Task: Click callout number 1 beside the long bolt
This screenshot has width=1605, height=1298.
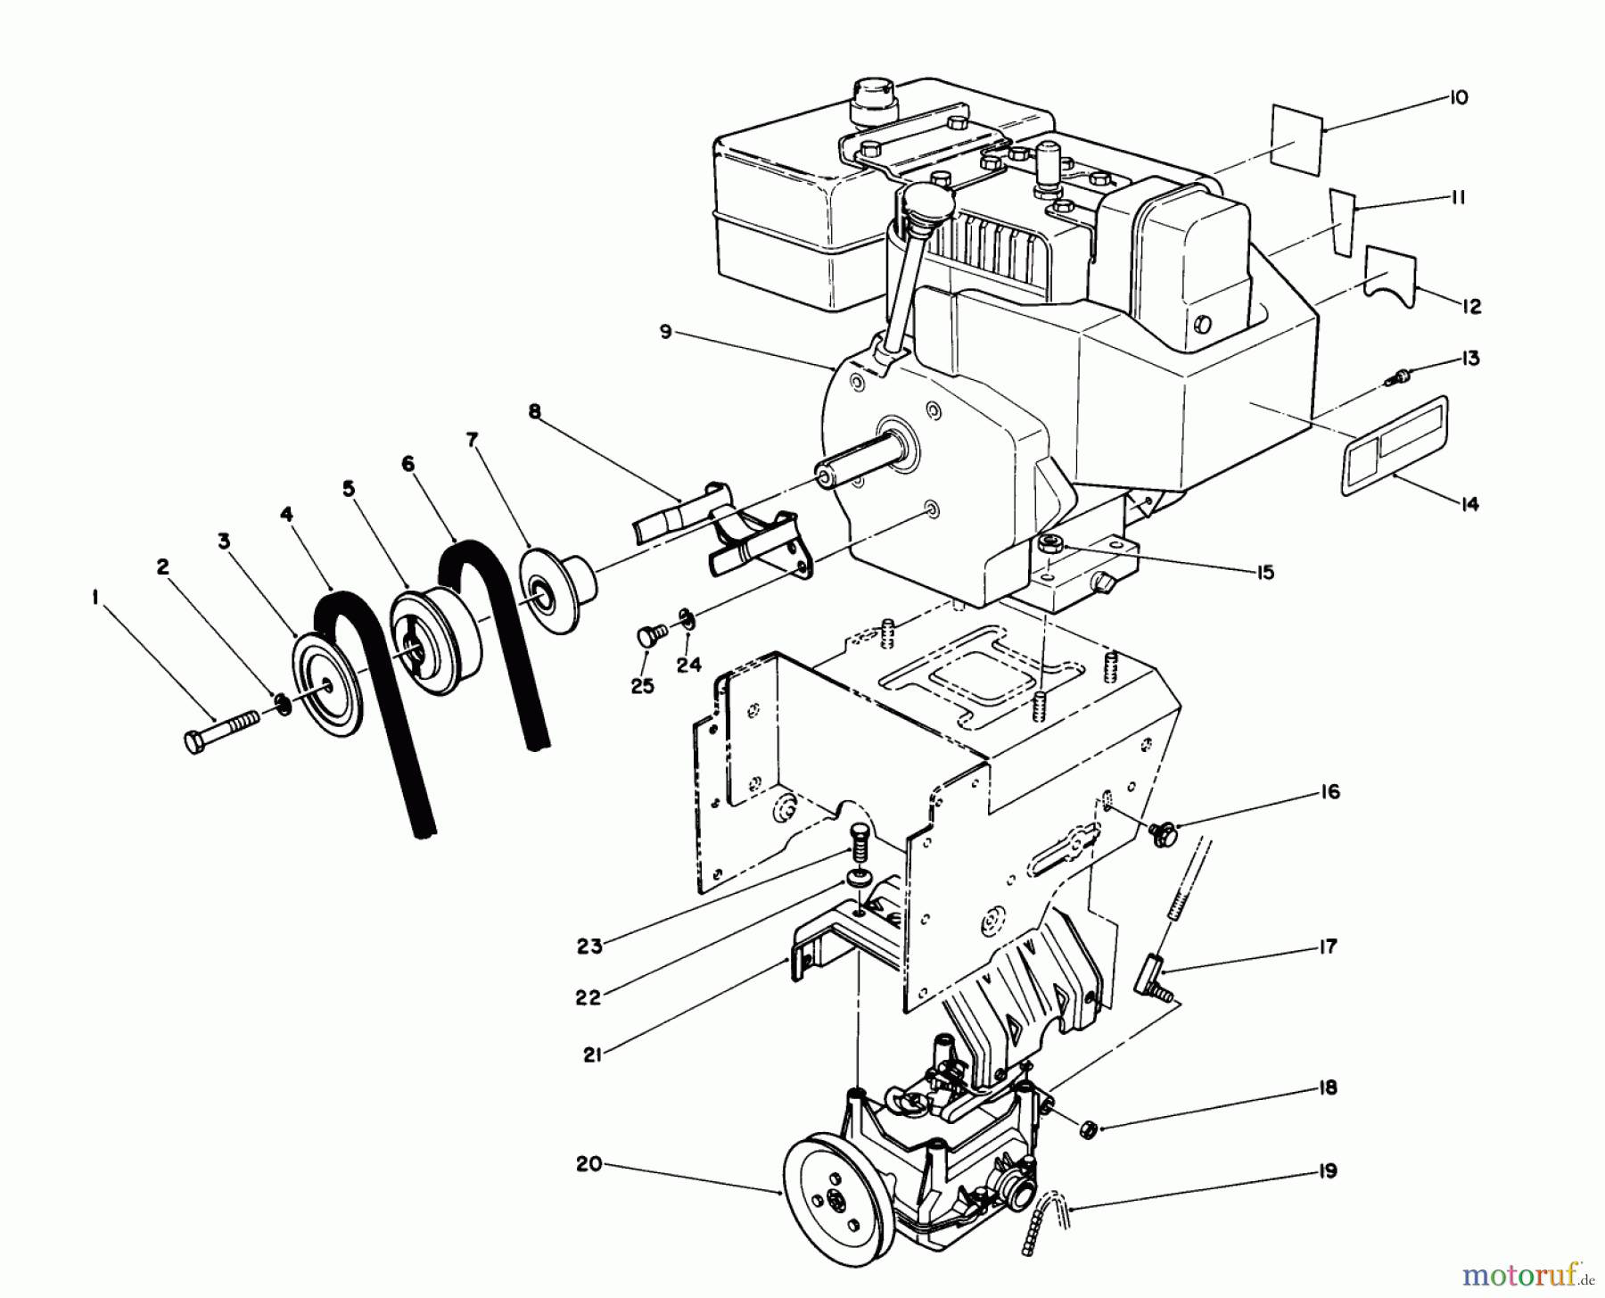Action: [x=95, y=599]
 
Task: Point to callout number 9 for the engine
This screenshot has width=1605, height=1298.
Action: [x=665, y=332]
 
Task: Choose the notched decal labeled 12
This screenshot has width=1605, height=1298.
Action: [x=1392, y=279]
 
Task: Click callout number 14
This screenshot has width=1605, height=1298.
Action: [x=1466, y=504]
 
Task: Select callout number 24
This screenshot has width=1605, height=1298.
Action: [x=688, y=665]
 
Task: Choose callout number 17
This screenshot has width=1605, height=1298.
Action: [x=1329, y=946]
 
